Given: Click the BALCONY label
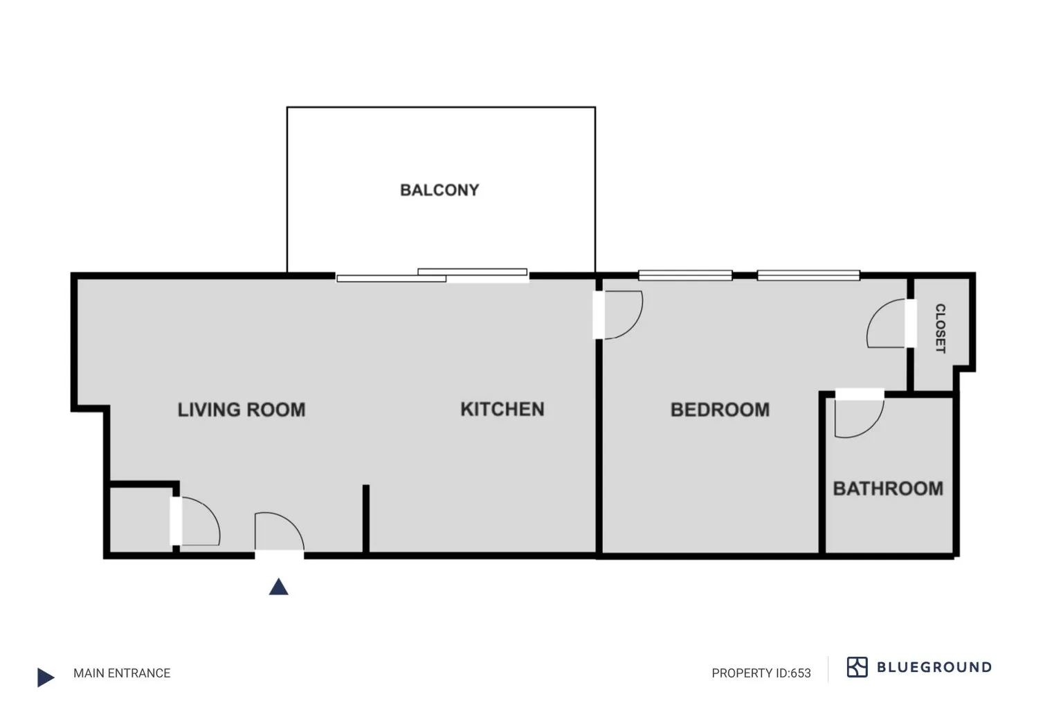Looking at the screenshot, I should tap(439, 190).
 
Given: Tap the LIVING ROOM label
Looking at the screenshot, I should tap(241, 410).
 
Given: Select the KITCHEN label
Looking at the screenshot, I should tap(502, 409).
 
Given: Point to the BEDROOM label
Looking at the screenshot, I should tap(720, 410).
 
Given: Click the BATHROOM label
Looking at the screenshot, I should tap(888, 489).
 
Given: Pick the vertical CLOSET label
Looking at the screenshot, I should tap(940, 328).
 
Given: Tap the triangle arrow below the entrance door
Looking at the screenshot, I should tap(278, 588).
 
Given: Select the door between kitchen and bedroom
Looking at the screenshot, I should tap(619, 315).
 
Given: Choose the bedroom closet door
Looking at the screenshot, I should tap(888, 324).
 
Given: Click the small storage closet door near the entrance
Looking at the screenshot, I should tap(197, 521).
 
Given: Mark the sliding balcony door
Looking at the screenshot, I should tap(433, 276).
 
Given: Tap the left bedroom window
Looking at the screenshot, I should tap(685, 275).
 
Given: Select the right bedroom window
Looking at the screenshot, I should tap(808, 275).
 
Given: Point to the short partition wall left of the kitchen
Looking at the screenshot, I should tap(365, 519).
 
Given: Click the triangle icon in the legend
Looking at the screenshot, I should tap(46, 677).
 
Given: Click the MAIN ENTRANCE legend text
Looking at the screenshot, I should tap(122, 673).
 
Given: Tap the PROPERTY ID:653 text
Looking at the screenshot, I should tap(761, 673).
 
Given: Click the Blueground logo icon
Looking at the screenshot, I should tap(857, 667).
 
